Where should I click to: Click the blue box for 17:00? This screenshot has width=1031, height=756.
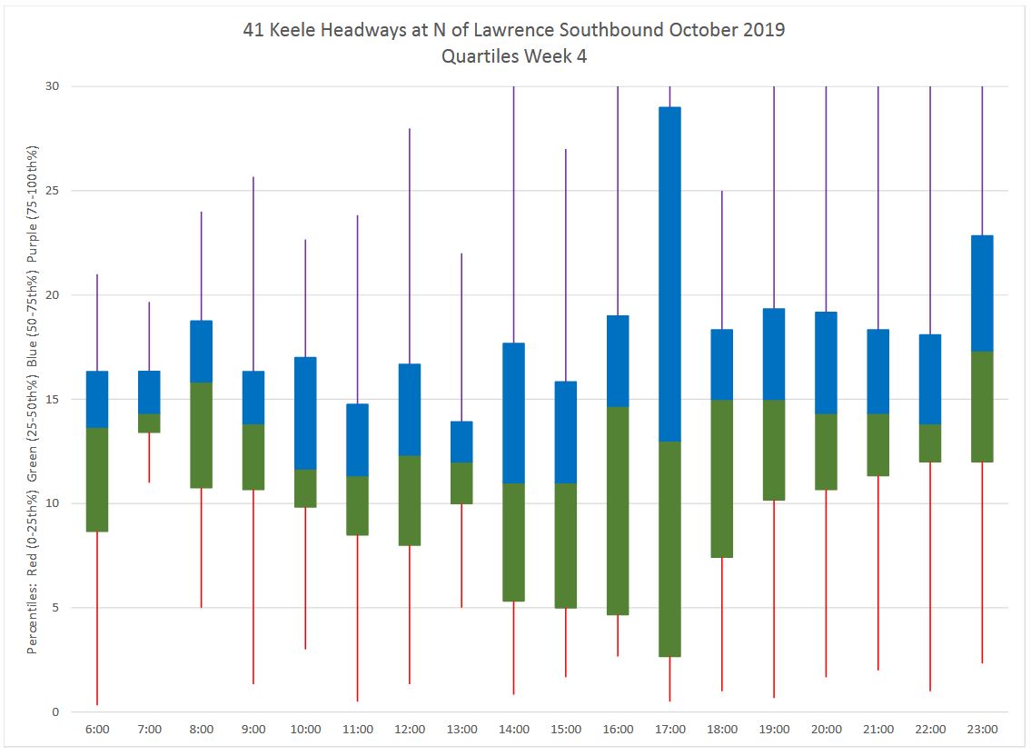pos(669,274)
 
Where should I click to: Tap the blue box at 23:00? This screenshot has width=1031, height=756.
pos(982,293)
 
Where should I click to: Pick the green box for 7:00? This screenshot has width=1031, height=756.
pos(149,423)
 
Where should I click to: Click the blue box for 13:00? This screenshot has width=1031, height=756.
pos(461,442)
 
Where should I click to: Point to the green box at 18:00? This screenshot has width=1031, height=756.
pos(721,478)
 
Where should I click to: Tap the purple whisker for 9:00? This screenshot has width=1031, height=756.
pos(253,273)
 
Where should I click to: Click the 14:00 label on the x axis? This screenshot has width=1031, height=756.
pos(514,730)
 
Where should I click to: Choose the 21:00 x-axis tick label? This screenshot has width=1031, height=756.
pos(878,730)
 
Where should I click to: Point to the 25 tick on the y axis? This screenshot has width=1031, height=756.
pos(52,191)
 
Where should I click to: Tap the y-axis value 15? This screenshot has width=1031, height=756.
pos(52,399)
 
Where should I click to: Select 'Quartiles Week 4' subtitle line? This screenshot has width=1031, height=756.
pos(514,56)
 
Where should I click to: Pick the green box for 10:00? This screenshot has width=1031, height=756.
pos(305,488)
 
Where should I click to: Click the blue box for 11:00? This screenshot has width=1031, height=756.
pos(358,440)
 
